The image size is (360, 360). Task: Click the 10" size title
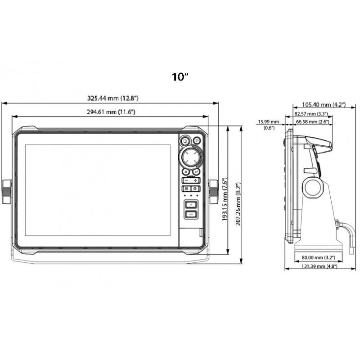coord(180,76)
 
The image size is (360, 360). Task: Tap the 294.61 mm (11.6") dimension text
coord(111,112)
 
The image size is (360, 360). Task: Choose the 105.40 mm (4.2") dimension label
coord(323,104)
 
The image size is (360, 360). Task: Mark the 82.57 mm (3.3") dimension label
coord(311,114)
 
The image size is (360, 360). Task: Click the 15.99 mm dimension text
coord(268,122)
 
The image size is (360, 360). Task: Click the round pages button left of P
coord(184,141)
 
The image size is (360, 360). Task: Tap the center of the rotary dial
coord(190,157)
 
